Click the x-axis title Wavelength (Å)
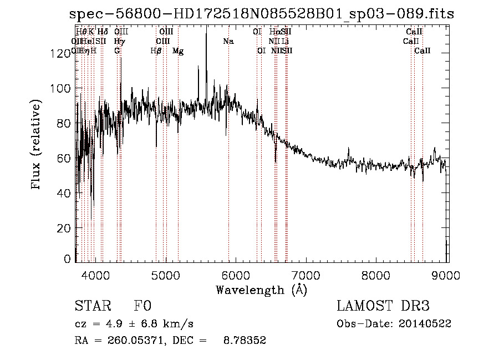click(261, 290)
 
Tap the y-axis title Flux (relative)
click(37, 146)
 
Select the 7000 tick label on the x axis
click(307, 274)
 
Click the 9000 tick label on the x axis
click(447, 274)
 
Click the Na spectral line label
click(228, 41)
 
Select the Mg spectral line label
click(178, 50)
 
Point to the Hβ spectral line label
click(156, 50)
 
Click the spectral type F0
click(142, 307)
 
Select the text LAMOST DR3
click(383, 307)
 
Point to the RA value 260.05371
click(137, 341)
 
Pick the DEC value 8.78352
click(246, 341)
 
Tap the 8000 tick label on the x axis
click(376, 274)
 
